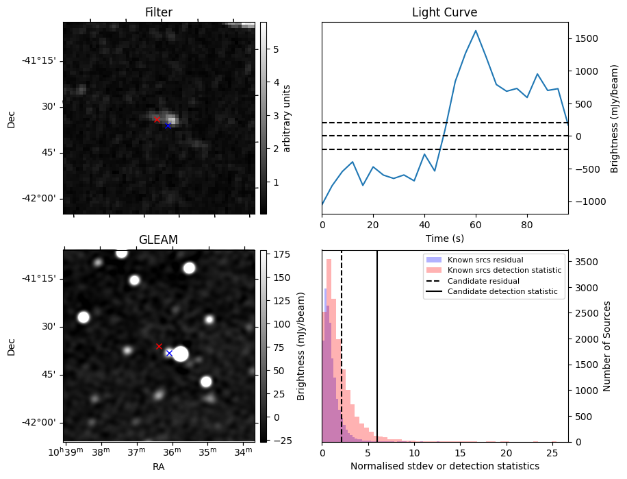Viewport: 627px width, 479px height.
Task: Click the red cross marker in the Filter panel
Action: click(157, 119)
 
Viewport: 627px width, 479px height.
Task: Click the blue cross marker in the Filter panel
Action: click(168, 125)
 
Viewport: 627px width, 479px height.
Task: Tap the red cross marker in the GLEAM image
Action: click(159, 347)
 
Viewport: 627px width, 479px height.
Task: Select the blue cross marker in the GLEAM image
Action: click(169, 353)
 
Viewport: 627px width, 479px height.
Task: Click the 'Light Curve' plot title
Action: click(444, 13)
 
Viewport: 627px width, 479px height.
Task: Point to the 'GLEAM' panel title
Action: click(158, 240)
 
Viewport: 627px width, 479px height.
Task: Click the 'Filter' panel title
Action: click(158, 13)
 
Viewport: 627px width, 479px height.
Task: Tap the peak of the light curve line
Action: click(476, 31)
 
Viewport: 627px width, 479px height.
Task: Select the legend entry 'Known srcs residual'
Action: click(485, 260)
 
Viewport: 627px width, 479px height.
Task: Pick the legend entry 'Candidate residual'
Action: click(483, 281)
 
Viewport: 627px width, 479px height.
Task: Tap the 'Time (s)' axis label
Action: click(445, 237)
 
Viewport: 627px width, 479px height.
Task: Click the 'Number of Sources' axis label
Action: click(606, 346)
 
